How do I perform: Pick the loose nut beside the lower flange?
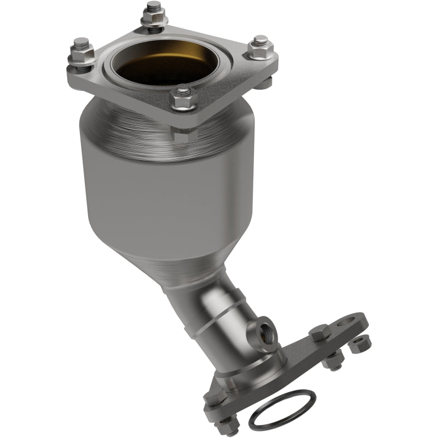click(359, 344)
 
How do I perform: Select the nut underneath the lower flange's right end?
click(333, 360)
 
